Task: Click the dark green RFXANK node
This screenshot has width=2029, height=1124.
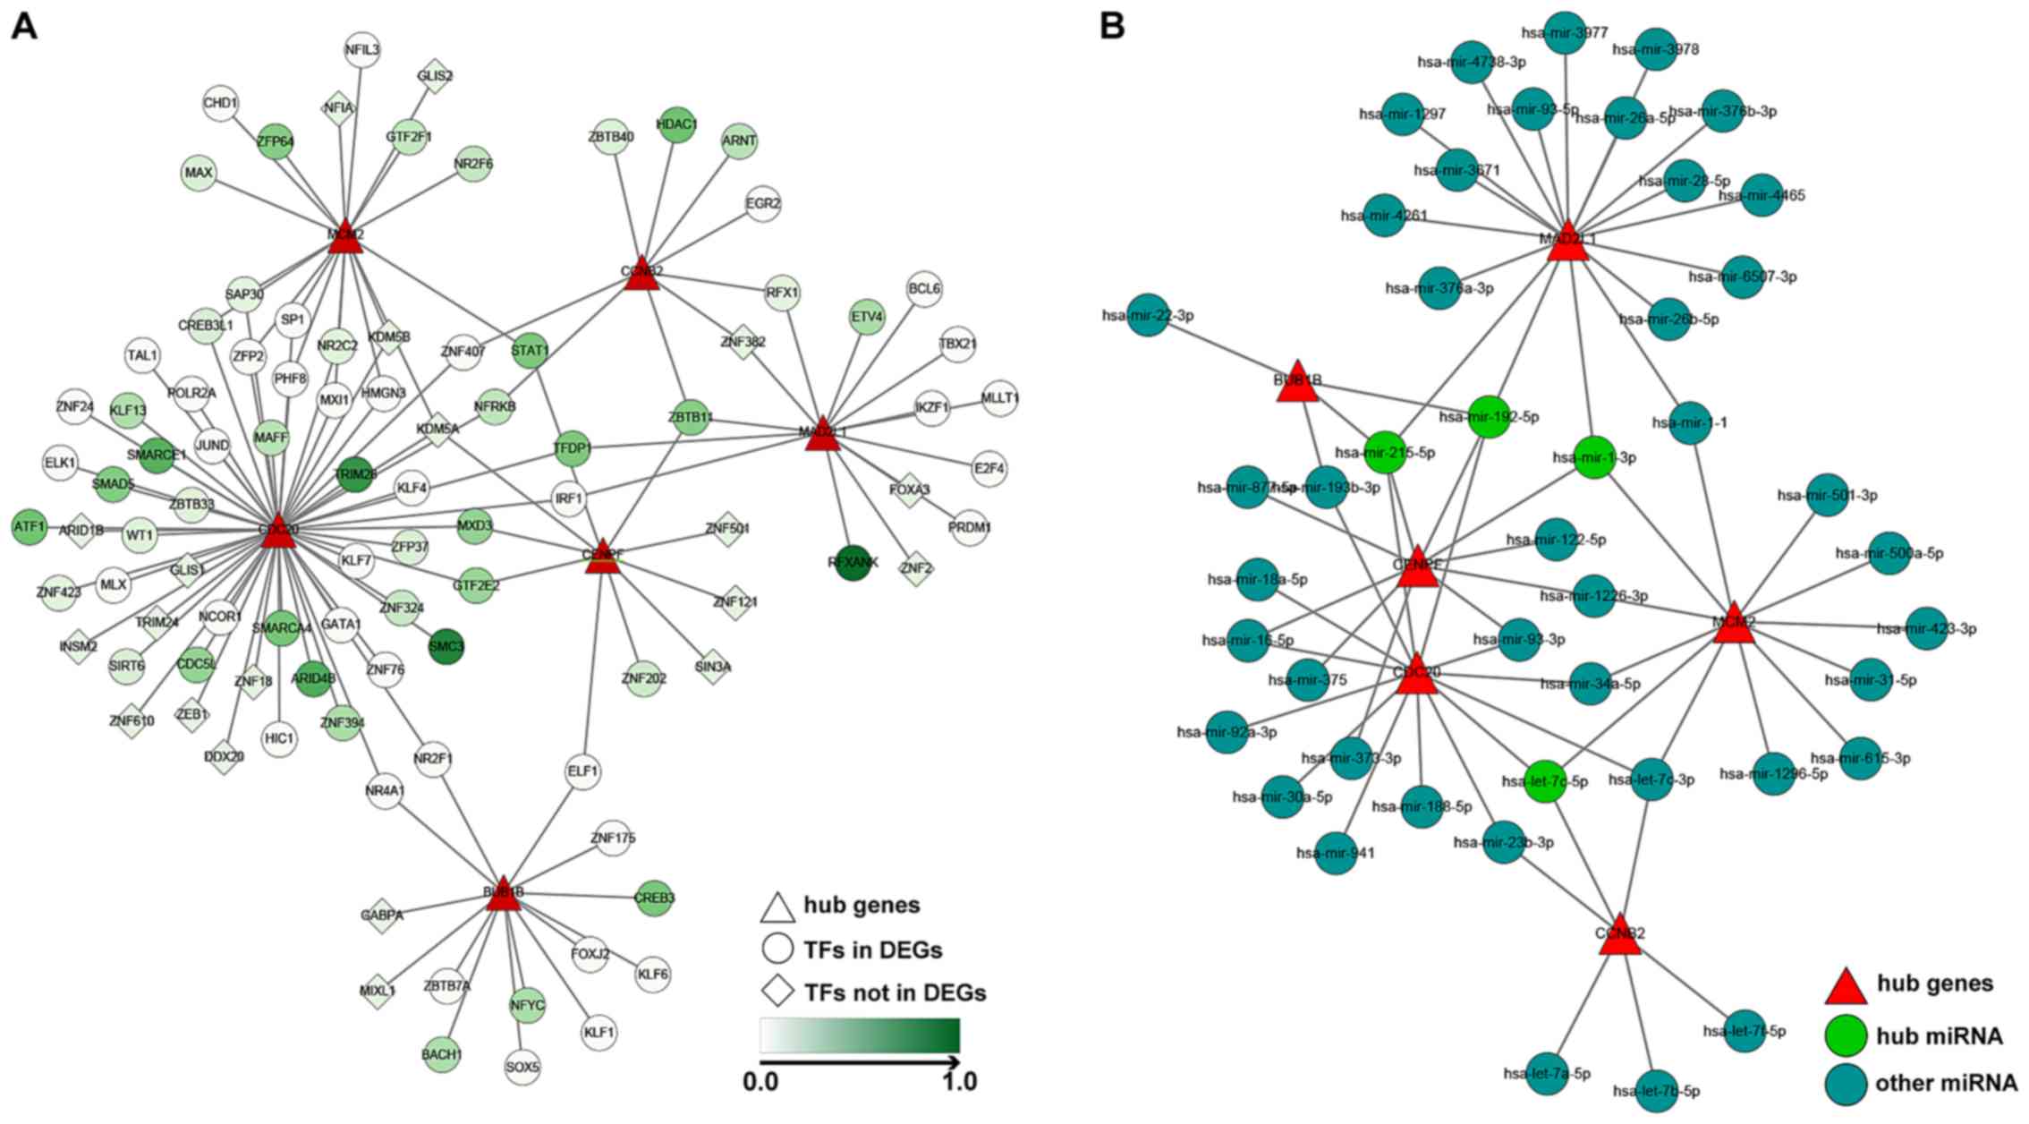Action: pyautogui.click(x=853, y=563)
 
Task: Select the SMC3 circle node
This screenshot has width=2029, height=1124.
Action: pyautogui.click(x=446, y=646)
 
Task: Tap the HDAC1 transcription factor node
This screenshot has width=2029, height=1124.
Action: pyautogui.click(x=676, y=123)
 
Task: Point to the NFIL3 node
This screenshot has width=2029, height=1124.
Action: pyautogui.click(x=362, y=51)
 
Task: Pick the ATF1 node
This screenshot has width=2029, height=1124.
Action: pyautogui.click(x=30, y=527)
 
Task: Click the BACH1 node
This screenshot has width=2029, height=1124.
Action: pyautogui.click(x=442, y=1055)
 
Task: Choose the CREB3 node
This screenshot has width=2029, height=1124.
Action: pyautogui.click(x=654, y=898)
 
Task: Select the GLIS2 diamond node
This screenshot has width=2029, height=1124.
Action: pyautogui.click(x=435, y=76)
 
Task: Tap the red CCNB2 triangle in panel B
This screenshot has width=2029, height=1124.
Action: pyautogui.click(x=1619, y=936)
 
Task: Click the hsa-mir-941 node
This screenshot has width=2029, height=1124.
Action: pyautogui.click(x=1336, y=853)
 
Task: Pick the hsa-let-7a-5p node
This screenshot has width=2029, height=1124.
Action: pyautogui.click(x=1548, y=1074)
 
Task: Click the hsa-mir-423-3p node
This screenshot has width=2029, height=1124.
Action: pyautogui.click(x=1927, y=628)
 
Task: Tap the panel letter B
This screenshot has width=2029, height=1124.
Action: pyautogui.click(x=1111, y=27)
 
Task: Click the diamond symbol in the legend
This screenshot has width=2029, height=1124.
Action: pyautogui.click(x=777, y=992)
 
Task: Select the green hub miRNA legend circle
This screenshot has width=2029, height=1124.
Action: pyautogui.click(x=1845, y=1036)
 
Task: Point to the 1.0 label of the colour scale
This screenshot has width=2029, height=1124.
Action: pyautogui.click(x=960, y=1082)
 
